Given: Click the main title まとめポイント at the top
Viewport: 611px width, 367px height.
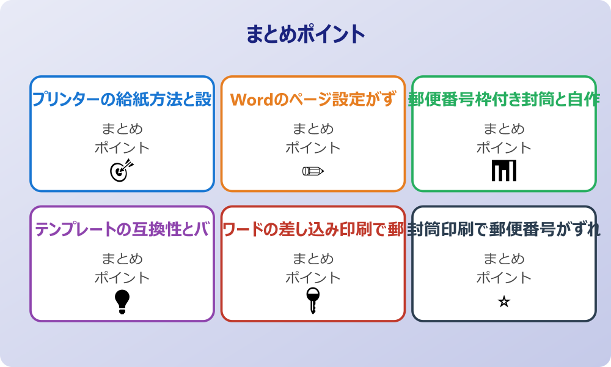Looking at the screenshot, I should pyautogui.click(x=305, y=34).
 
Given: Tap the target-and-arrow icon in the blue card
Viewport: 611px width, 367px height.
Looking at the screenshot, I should pyautogui.click(x=121, y=171).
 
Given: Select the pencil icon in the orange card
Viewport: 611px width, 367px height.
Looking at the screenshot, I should pyautogui.click(x=313, y=171).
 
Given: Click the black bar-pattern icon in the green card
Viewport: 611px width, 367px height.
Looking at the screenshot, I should pyautogui.click(x=504, y=171).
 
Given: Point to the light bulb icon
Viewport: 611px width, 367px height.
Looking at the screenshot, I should pyautogui.click(x=122, y=301).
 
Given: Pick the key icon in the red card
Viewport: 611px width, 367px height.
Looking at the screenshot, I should pyautogui.click(x=313, y=300).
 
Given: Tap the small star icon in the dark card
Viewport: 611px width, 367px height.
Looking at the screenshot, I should pyautogui.click(x=504, y=302).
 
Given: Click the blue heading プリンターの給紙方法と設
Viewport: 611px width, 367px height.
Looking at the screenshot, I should pyautogui.click(x=122, y=99).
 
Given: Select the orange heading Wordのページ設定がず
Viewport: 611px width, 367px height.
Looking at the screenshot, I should pyautogui.click(x=313, y=99).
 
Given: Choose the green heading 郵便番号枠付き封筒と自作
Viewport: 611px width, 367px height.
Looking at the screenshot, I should pyautogui.click(x=504, y=99).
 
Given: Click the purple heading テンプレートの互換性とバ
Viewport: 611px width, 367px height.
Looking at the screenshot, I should pyautogui.click(x=122, y=229).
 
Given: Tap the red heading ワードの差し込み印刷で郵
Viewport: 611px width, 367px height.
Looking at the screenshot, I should pyautogui.click(x=313, y=229).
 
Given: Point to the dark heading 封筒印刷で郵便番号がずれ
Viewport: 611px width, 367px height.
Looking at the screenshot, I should pyautogui.click(x=504, y=229).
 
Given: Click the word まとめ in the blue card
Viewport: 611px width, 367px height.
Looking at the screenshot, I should pyautogui.click(x=122, y=129).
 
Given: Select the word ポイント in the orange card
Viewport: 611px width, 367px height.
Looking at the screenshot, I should pyautogui.click(x=313, y=147).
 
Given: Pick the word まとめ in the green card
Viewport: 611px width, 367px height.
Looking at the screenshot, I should pyautogui.click(x=504, y=129).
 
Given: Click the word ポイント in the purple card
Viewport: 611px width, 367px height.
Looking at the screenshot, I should pyautogui.click(x=122, y=278).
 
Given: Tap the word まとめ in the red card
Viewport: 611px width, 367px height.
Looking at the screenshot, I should pyautogui.click(x=313, y=259).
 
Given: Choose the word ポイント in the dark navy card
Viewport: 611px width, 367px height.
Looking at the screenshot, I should pyautogui.click(x=504, y=278).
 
